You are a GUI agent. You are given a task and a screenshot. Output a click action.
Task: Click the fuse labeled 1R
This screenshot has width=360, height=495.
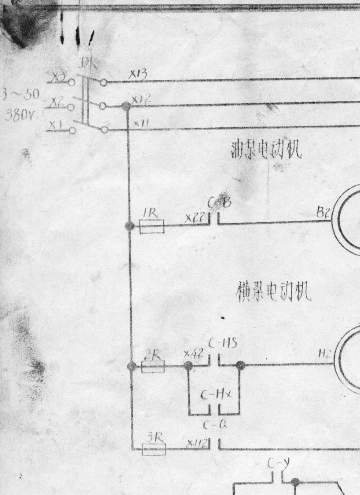click(152, 228)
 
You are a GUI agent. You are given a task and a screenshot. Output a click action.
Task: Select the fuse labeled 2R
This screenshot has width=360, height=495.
click(153, 367)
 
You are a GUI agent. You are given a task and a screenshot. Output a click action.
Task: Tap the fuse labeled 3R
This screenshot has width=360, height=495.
click(154, 450)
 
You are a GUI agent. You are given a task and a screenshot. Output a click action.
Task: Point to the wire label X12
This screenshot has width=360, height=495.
click(141, 99)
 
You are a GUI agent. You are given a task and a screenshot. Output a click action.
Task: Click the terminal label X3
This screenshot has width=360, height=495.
click(59, 78)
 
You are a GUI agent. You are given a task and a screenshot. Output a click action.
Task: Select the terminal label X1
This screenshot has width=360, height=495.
click(56, 124)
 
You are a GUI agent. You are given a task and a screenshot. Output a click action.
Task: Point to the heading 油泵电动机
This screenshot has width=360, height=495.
click(266, 150)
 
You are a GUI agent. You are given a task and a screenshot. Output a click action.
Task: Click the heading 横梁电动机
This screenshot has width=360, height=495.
click(274, 292)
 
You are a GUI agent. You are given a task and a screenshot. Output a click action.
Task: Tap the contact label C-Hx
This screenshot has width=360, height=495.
click(216, 396)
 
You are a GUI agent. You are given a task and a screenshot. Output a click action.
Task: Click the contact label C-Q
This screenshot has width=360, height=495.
click(215, 425)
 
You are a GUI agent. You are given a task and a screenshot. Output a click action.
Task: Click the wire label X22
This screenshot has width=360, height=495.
click(195, 218)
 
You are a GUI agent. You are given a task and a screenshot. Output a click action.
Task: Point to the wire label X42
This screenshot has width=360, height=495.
click(194, 354)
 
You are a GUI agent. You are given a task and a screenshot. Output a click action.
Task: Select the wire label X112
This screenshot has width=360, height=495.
click(197, 442)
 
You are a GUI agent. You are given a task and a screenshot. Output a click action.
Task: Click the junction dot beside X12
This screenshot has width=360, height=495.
click(126, 106)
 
